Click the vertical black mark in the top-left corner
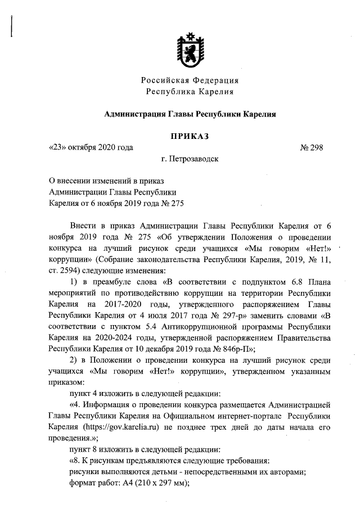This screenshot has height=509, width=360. point(12,26)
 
